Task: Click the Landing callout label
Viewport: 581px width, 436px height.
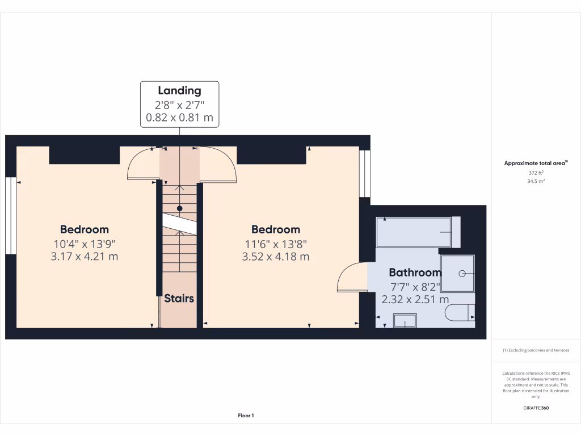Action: (x=179, y=91)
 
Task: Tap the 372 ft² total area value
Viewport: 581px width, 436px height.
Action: (x=536, y=173)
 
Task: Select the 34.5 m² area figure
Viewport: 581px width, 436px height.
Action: (x=536, y=181)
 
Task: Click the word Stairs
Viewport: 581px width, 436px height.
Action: (x=179, y=299)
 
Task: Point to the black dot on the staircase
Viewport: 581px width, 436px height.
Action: (x=179, y=208)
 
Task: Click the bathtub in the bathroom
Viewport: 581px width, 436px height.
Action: (x=414, y=232)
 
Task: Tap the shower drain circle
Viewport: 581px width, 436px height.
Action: (x=462, y=273)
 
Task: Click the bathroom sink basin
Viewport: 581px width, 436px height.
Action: (x=405, y=321)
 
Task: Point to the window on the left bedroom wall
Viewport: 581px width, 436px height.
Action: (x=10, y=216)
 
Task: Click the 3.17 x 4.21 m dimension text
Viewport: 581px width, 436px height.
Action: (x=84, y=256)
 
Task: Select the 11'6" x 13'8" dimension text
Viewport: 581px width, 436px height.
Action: (x=276, y=244)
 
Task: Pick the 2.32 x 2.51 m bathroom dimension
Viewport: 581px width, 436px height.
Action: (x=415, y=299)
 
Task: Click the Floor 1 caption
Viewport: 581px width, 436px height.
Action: (x=246, y=416)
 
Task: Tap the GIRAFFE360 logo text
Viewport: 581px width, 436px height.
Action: (x=536, y=408)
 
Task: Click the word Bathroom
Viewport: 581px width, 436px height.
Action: (x=415, y=272)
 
